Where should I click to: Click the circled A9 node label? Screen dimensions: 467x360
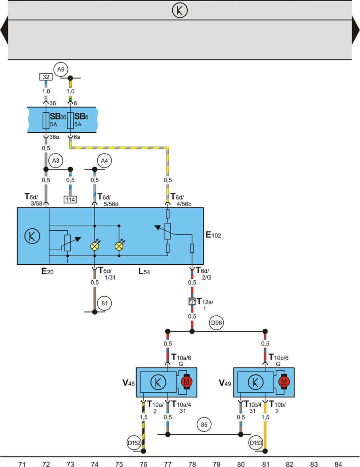click(60, 70)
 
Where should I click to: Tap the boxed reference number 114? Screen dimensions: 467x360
click(70, 200)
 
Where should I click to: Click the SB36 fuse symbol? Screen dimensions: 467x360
click(46, 120)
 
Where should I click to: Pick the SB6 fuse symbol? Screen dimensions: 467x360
click(70, 120)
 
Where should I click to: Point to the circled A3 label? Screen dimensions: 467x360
click(56, 161)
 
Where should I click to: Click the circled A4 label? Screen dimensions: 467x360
click(104, 161)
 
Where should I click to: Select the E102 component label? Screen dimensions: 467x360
click(213, 235)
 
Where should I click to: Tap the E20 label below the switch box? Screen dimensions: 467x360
click(47, 272)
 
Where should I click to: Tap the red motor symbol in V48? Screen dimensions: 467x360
click(186, 382)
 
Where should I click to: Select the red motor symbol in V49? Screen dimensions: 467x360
click(284, 382)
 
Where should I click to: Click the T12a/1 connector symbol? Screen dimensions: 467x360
click(192, 301)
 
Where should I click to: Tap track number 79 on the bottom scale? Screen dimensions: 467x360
click(216, 464)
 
